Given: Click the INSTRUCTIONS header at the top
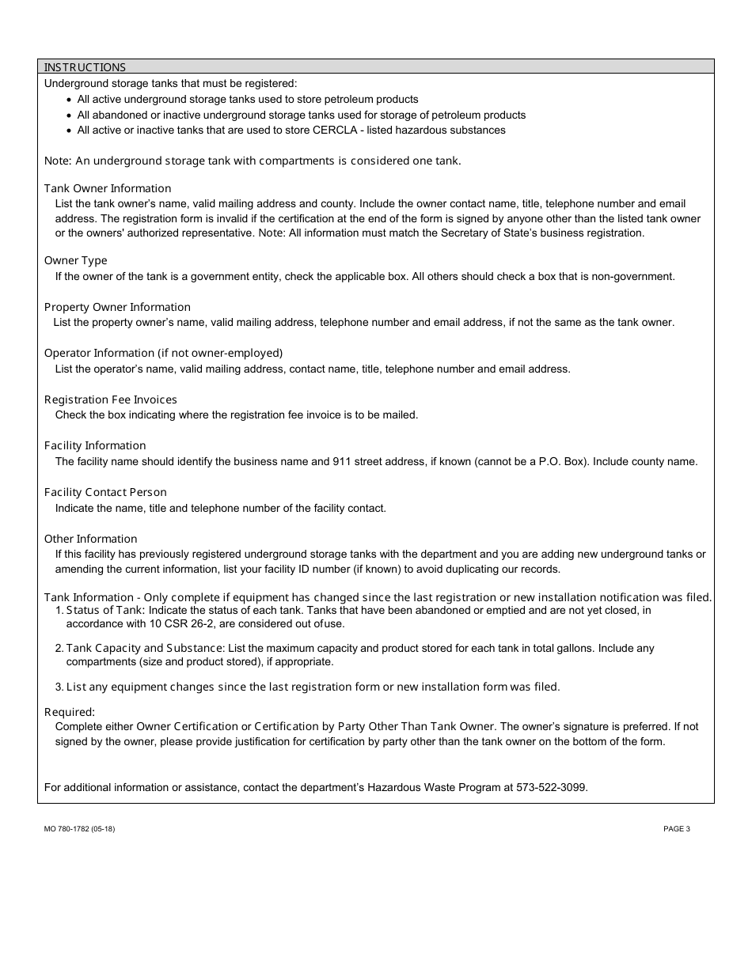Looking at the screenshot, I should coord(85,67).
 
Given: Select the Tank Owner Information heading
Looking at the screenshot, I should coord(108,188).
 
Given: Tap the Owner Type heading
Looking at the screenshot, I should coord(76,260).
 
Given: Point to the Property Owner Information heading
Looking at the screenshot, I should coord(117,307).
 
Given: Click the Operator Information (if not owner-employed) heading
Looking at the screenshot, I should coord(163,353).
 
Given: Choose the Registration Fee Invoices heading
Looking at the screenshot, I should coord(111,399).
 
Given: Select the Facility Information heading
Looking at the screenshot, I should coord(95,445).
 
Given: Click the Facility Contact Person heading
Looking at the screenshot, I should coord(105,492).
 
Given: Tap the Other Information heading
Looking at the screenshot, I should coord(91,539).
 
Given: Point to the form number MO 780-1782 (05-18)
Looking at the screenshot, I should coord(80,829).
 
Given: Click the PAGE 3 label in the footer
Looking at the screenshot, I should coord(677,829).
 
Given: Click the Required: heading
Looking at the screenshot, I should coord(70,712).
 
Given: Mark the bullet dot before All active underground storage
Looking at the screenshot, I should coord(70,100).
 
